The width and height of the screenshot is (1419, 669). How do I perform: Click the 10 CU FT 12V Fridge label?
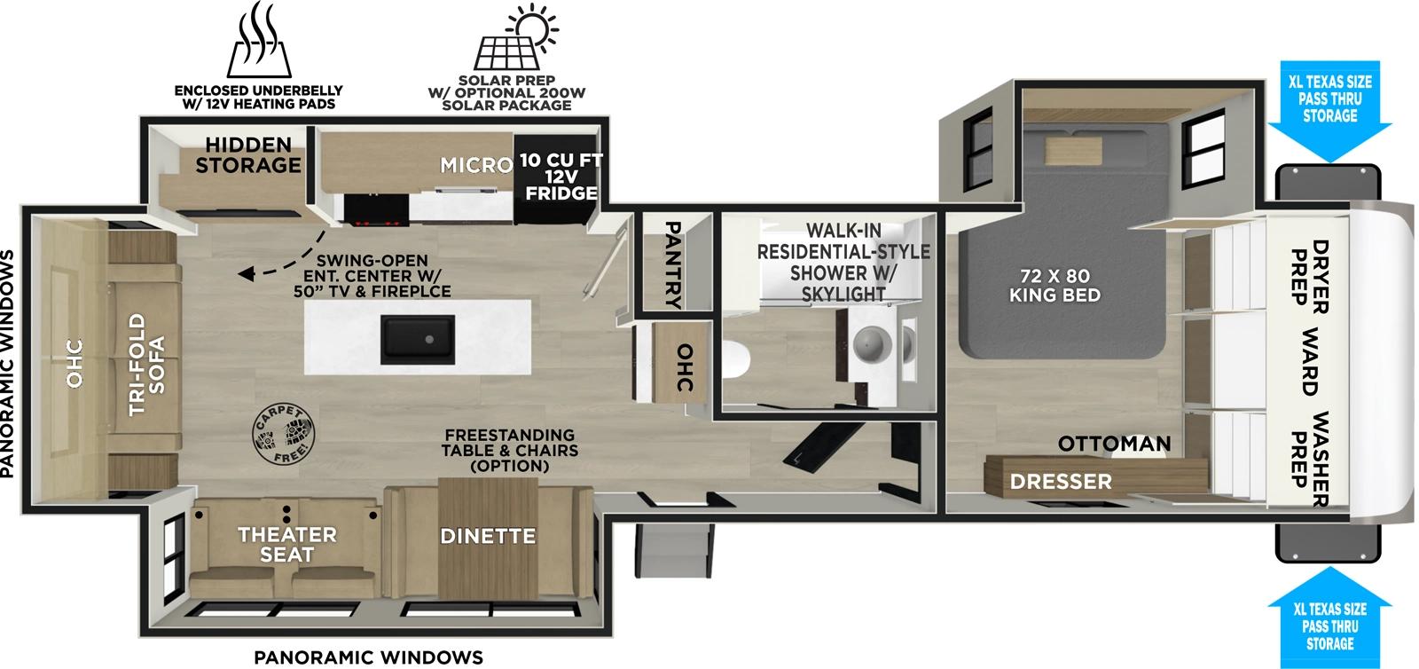pos(561,176)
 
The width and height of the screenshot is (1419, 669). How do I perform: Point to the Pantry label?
pos(674,264)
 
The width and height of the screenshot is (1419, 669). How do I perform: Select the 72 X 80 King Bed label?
pos(1054,286)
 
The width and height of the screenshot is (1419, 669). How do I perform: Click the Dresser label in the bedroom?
pos(1061,481)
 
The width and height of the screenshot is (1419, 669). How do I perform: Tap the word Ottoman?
pos(1114,443)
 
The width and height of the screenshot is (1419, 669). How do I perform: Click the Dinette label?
pos(488,536)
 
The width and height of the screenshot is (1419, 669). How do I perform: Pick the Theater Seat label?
pos(286,544)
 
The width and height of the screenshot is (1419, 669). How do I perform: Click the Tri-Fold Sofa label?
pos(147,364)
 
